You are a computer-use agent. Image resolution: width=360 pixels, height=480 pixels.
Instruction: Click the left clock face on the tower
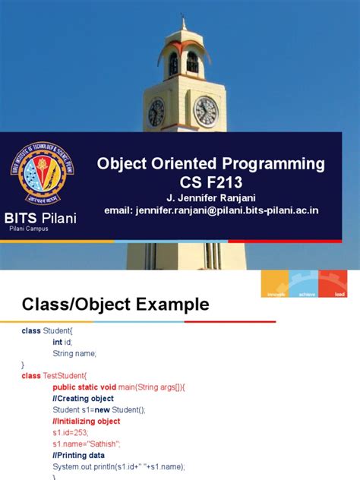pyautogui.click(x=156, y=112)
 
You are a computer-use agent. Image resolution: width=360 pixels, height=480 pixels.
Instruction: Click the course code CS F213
pyautogui.click(x=209, y=183)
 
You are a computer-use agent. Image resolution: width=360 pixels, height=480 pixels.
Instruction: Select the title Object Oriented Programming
pyautogui.click(x=209, y=164)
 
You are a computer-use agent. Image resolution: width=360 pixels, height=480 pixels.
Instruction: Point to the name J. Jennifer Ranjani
pyautogui.click(x=209, y=198)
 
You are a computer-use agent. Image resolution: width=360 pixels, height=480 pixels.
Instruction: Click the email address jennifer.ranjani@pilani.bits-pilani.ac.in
pyautogui.click(x=209, y=210)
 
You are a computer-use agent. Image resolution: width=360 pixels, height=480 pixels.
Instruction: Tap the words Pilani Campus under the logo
pyautogui.click(x=31, y=229)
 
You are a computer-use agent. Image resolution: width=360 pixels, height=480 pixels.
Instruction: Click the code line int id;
pyautogui.click(x=64, y=343)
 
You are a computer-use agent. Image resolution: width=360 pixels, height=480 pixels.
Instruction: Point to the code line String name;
pyautogui.click(x=75, y=353)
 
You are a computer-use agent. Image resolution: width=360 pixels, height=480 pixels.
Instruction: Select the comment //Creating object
pyautogui.click(x=83, y=398)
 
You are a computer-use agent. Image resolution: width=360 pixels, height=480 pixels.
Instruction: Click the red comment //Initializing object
pyautogui.click(x=86, y=421)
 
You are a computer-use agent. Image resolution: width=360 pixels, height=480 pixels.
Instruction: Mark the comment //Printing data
pyautogui.click(x=78, y=455)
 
